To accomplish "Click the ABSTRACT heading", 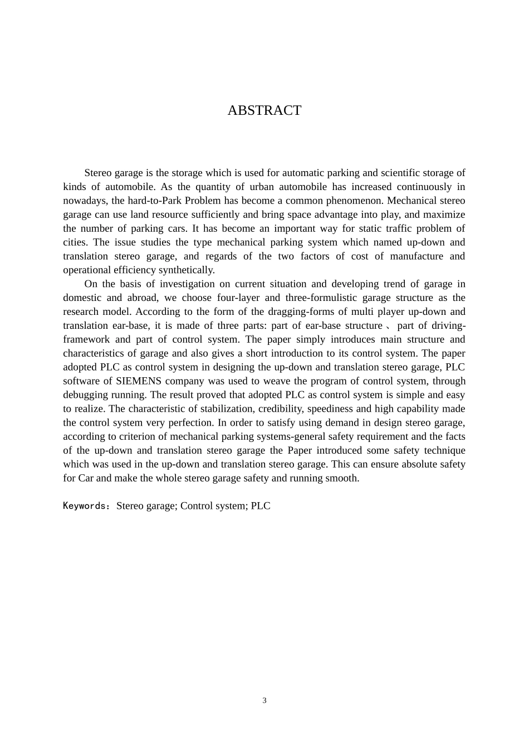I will point(264,110).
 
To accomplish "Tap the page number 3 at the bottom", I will point(264,701).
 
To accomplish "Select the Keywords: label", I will point(87,506).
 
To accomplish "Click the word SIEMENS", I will point(138,381).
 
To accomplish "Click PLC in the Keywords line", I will point(261,506).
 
